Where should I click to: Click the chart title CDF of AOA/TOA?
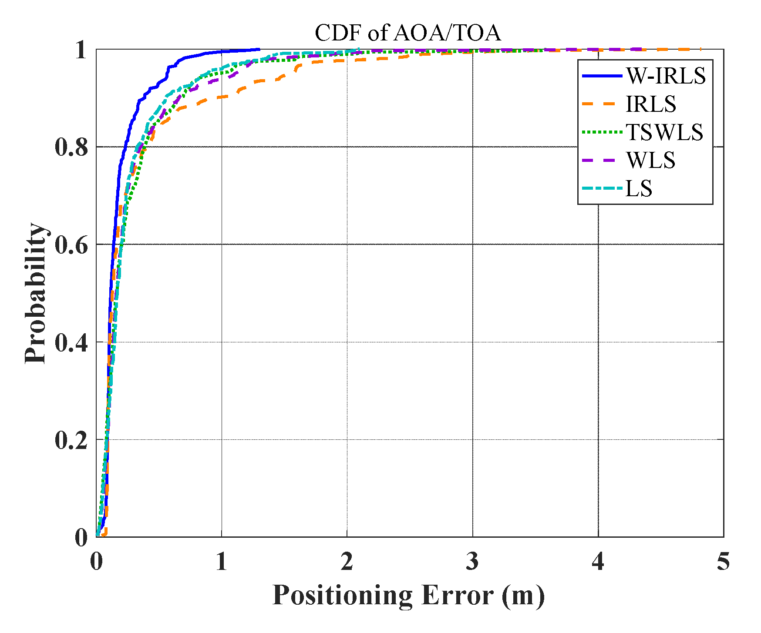[407, 33]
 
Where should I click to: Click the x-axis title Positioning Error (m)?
[408, 595]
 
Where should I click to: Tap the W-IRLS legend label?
[666, 76]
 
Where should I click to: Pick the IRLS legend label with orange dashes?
[651, 104]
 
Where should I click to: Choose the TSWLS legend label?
[664, 132]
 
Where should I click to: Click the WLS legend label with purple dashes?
[651, 161]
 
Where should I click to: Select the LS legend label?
[639, 189]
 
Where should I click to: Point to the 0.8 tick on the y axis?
[71, 147]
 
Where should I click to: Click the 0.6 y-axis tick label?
[71, 244]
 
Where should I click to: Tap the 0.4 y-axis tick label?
[71, 342]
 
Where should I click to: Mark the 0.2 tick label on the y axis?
[71, 440]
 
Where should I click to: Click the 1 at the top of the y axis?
[81, 50]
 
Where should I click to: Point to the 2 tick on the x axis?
[347, 561]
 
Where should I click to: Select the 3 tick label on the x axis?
[472, 561]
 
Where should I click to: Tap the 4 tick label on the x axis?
[598, 561]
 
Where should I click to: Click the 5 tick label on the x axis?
[723, 561]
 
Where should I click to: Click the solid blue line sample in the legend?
[602, 76]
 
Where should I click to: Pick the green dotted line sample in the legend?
[602, 132]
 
